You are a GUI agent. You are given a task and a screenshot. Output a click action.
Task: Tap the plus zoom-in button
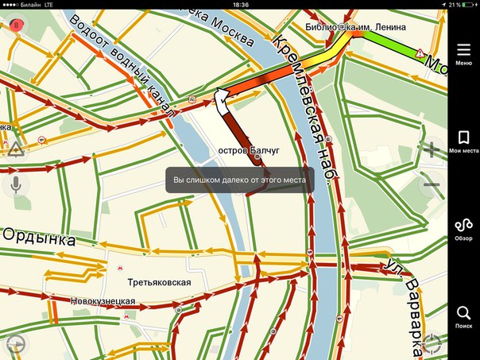(x=432, y=149)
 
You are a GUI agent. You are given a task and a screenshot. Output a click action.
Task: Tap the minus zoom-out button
(x=432, y=186)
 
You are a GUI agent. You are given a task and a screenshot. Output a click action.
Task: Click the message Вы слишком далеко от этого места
(x=240, y=179)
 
